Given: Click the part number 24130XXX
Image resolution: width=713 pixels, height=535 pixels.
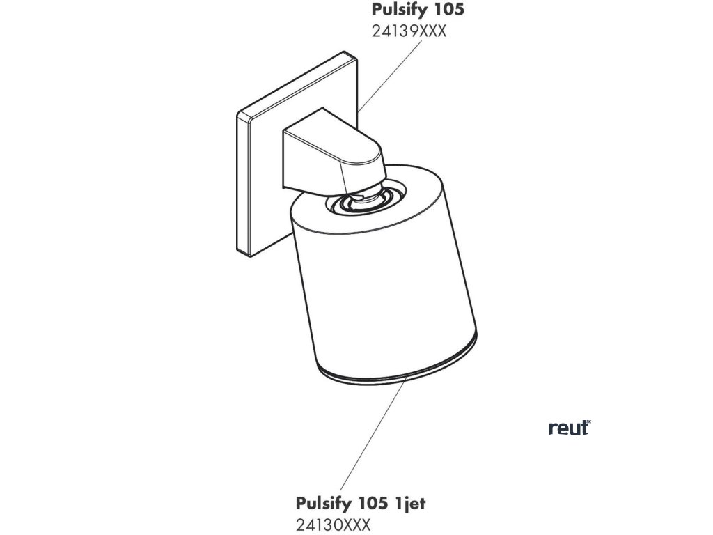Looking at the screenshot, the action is coord(332,524).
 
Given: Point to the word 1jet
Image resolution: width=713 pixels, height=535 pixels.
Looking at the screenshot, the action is coord(411,503).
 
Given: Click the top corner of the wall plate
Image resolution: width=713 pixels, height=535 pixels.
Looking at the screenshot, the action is coord(345,53).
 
